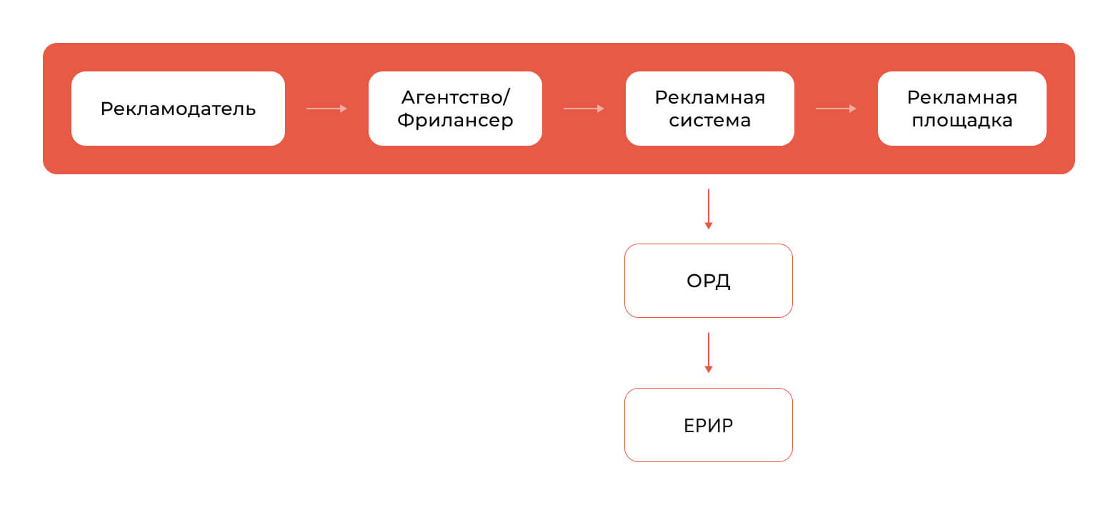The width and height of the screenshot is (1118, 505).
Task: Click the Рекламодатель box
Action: tap(178, 109)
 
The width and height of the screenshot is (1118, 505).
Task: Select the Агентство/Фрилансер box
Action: tap(455, 109)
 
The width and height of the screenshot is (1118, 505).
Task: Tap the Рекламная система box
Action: tap(709, 109)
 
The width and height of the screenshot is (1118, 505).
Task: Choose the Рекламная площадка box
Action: tap(962, 109)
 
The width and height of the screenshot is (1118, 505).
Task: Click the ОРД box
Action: tap(708, 281)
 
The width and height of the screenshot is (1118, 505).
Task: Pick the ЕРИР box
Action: tap(708, 425)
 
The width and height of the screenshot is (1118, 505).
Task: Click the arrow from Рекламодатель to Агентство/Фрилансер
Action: tap(326, 109)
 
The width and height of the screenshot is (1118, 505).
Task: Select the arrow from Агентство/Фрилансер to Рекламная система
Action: tap(584, 109)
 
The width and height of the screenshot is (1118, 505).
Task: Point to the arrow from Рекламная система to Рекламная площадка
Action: tap(836, 109)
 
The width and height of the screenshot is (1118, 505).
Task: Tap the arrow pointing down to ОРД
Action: tap(708, 209)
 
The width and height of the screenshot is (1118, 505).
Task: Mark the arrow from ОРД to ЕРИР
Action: tap(708, 353)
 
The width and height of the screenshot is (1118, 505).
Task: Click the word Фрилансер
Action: tap(455, 120)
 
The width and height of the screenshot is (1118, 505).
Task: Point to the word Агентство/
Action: tap(455, 97)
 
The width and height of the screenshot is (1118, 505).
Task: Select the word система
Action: tap(709, 120)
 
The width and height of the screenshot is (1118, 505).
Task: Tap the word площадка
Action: tap(962, 121)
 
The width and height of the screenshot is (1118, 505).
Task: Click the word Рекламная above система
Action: tap(709, 97)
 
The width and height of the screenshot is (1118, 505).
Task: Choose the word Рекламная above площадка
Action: tap(962, 97)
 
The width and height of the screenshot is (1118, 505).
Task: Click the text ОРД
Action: tap(708, 281)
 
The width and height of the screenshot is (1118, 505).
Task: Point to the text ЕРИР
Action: tap(708, 425)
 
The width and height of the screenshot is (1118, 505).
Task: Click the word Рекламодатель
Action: tap(178, 109)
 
